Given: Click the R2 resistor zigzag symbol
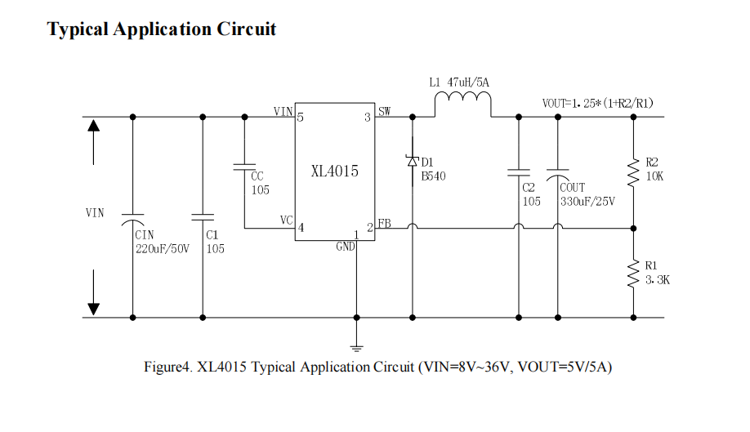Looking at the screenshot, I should coord(633,172).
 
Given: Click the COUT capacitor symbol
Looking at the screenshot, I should coord(559,174).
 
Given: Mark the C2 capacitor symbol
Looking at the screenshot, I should coord(518,173).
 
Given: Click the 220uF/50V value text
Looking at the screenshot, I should coord(163,248).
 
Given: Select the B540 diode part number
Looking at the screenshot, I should coord(434,176).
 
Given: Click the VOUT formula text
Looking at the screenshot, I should coord(597,104).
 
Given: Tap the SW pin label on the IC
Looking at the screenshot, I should coord(384,110).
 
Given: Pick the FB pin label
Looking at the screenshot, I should coord(384,224).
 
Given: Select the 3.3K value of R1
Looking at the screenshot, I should coord(658,280).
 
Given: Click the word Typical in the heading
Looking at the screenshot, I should coord(78,29).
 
